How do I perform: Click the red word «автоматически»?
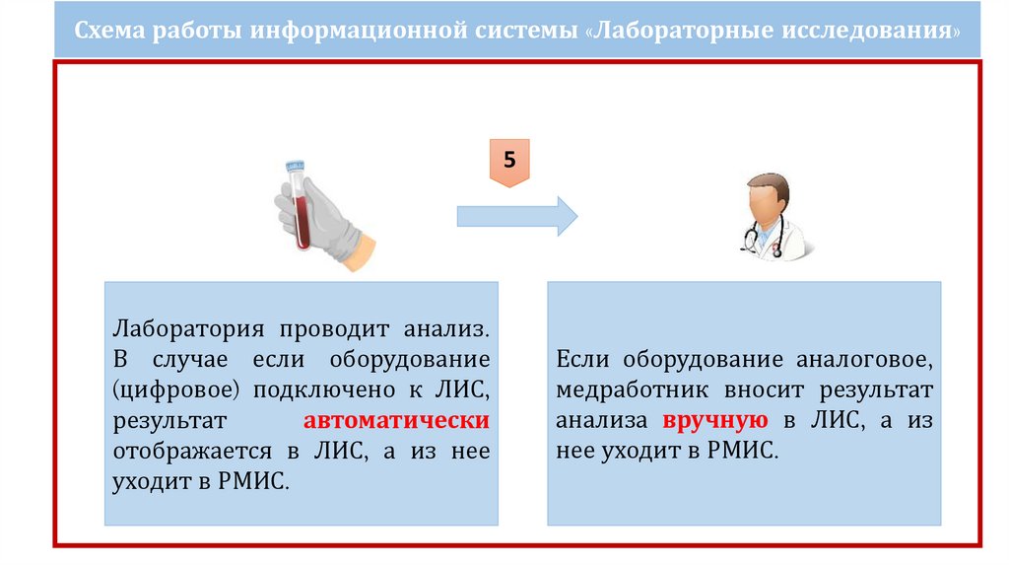point(397,421)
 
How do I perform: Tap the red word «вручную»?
point(715,420)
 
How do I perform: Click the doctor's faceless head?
point(767,200)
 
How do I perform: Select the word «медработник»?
point(628,389)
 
